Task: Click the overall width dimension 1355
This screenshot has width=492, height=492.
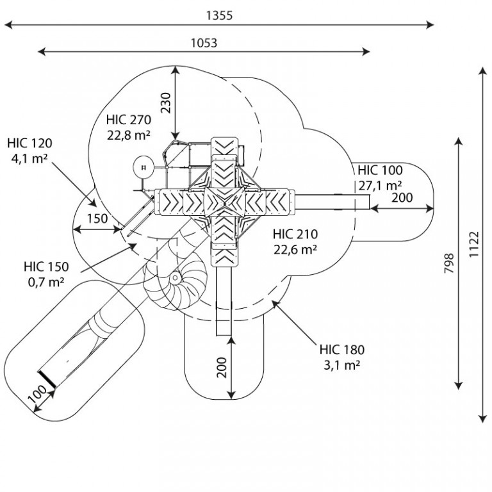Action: click(x=219, y=15)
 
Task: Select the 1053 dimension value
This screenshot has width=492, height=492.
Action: click(x=204, y=43)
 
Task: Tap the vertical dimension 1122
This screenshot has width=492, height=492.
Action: click(x=473, y=245)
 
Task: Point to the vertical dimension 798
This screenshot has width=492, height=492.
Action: click(x=449, y=263)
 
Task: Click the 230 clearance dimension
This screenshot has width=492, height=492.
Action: click(x=166, y=102)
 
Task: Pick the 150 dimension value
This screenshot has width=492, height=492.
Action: click(x=97, y=218)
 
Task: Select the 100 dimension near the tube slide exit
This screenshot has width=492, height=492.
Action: click(x=38, y=393)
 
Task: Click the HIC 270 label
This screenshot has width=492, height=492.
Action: click(x=129, y=120)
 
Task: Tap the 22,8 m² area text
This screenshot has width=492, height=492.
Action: click(x=129, y=135)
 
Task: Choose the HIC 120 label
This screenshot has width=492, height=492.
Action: click(x=30, y=143)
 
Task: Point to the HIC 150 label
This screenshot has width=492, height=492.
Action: click(x=46, y=266)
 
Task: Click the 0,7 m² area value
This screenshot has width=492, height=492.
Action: click(x=46, y=282)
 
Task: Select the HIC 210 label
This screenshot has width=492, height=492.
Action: click(x=295, y=234)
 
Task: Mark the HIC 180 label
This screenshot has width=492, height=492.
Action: click(x=342, y=350)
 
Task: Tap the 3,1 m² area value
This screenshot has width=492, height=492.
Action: click(x=341, y=365)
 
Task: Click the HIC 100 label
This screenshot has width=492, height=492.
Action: click(x=380, y=170)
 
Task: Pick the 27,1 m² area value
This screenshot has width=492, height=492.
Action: click(x=381, y=186)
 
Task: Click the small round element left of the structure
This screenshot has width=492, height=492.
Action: click(x=143, y=168)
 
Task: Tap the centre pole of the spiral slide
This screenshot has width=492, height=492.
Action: click(x=175, y=277)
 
